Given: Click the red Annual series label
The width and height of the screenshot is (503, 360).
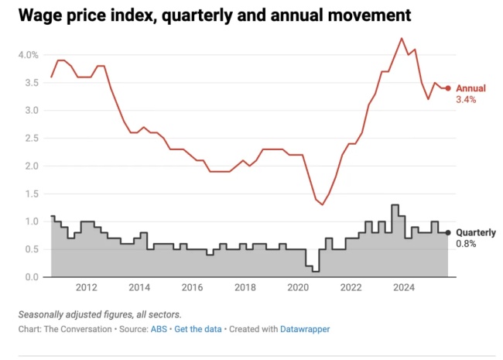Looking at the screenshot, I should coord(471,88).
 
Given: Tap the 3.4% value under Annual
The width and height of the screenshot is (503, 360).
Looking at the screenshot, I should coord(467,100).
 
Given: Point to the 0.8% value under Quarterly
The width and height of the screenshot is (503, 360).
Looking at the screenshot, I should coord(466,244).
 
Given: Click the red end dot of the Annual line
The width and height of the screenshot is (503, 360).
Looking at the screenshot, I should coord(448,88).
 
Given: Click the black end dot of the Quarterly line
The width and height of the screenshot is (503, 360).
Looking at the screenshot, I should coord(448,232).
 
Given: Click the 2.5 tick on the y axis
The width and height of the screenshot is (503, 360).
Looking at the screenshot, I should coord(29,138).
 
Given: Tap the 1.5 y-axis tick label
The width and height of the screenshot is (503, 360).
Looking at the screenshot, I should coord(29,194).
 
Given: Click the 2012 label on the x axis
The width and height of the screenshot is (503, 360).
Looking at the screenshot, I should coord(85,288).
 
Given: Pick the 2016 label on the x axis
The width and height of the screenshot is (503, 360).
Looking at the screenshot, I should coord(191,288).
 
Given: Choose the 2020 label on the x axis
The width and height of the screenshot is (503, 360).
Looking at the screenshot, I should coord(297,288).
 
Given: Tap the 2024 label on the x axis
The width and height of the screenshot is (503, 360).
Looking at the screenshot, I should coord(403,288).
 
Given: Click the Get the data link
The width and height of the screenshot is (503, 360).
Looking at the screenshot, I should coord(197,329).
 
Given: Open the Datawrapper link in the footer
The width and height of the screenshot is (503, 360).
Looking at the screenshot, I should coord(304,329).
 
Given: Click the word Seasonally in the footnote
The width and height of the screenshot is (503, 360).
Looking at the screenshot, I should coord(44,314).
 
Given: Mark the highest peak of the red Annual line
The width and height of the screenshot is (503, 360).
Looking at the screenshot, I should coord(402,38).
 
